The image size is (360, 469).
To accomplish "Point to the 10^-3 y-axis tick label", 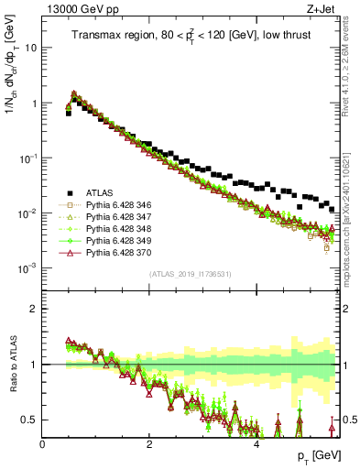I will coord(29,268).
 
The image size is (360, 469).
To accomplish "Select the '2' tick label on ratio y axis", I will coord(35,309).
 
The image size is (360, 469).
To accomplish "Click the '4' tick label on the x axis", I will coord(256,443).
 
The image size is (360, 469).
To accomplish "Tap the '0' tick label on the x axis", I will coord(43,443).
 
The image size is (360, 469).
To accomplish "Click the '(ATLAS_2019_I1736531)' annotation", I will coord(190,273).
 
